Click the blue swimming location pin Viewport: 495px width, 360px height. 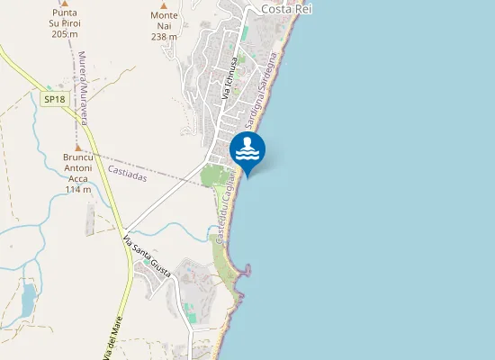point(247,151)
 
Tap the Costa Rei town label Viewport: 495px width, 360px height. point(286,8)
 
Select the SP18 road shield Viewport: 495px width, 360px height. point(54,99)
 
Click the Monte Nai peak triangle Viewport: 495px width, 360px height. point(164,4)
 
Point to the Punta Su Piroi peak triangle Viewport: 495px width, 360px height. point(64,3)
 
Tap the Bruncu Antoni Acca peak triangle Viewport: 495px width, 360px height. point(78,147)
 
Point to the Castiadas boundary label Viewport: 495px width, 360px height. point(127,172)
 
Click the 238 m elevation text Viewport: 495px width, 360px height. point(164,37)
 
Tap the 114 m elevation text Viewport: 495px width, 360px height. point(78,189)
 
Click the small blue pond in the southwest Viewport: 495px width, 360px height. point(28,294)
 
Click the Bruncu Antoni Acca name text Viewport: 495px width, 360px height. point(78,167)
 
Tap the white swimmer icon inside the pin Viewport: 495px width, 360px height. point(247,147)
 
